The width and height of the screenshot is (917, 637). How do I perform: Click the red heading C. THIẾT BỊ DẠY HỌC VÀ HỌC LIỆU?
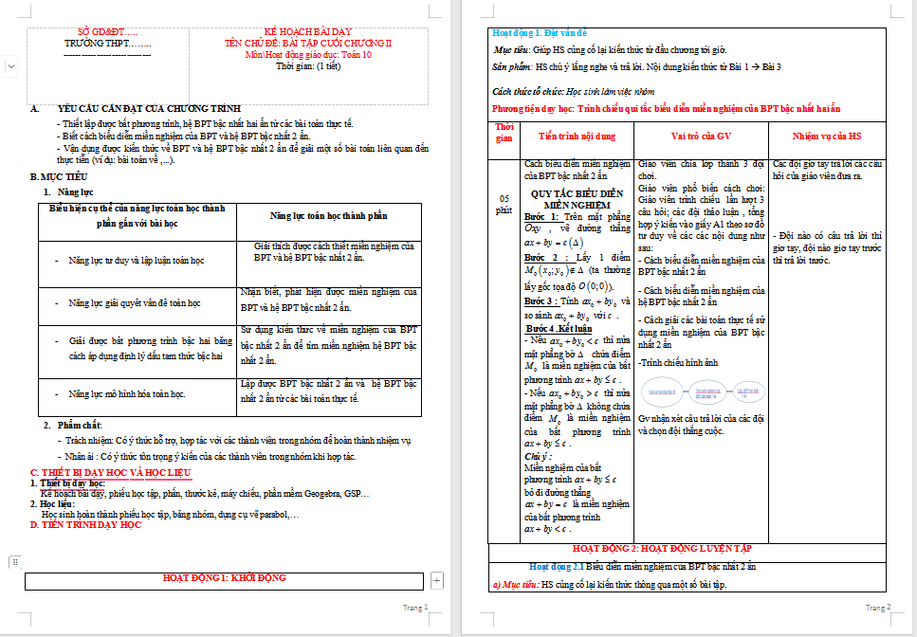[x=110, y=472]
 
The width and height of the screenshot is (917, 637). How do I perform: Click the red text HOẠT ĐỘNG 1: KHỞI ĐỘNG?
[x=224, y=577]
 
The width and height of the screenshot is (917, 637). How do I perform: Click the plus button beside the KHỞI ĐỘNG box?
[x=437, y=579]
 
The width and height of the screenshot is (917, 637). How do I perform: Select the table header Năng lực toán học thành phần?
[x=327, y=216]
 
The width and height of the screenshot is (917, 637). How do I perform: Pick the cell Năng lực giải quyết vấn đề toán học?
[x=134, y=303]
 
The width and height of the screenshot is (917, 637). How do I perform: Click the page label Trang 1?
[x=415, y=608]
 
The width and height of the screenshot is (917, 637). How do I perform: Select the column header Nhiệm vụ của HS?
[x=827, y=136]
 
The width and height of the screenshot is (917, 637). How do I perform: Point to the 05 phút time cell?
[x=504, y=203]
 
